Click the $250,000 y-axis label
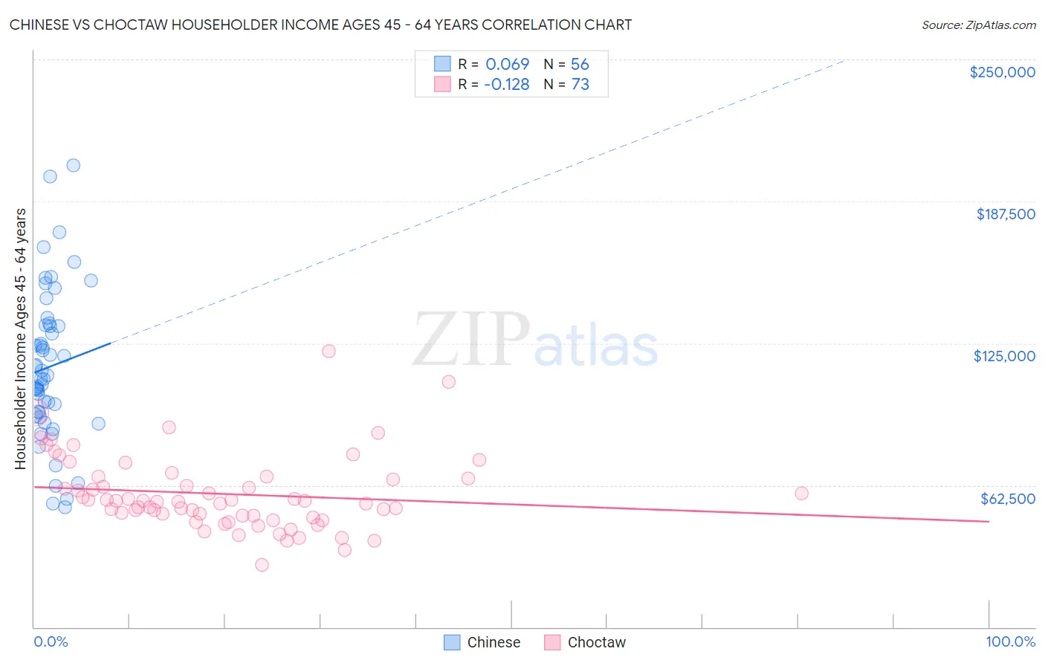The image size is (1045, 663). click(x=1002, y=72)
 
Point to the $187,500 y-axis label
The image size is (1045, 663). click(x=1005, y=214)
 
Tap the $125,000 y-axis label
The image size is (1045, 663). click(x=1004, y=356)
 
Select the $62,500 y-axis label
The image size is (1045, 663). click(x=1007, y=499)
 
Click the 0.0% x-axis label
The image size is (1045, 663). click(x=51, y=641)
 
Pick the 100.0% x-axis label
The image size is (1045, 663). click(x=1010, y=641)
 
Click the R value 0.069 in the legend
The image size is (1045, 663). click(x=507, y=64)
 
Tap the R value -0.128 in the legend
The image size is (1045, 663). click(x=506, y=84)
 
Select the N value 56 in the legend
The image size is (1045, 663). click(x=580, y=64)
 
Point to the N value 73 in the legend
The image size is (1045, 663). click(x=580, y=84)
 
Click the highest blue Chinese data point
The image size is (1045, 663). click(x=73, y=165)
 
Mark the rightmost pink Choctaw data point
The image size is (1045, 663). click(x=801, y=493)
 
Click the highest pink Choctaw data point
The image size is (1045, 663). click(x=329, y=351)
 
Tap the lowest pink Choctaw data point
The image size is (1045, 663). click(x=262, y=564)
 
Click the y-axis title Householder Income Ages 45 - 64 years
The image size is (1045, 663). click(x=20, y=339)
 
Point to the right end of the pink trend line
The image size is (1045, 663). click(x=989, y=522)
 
